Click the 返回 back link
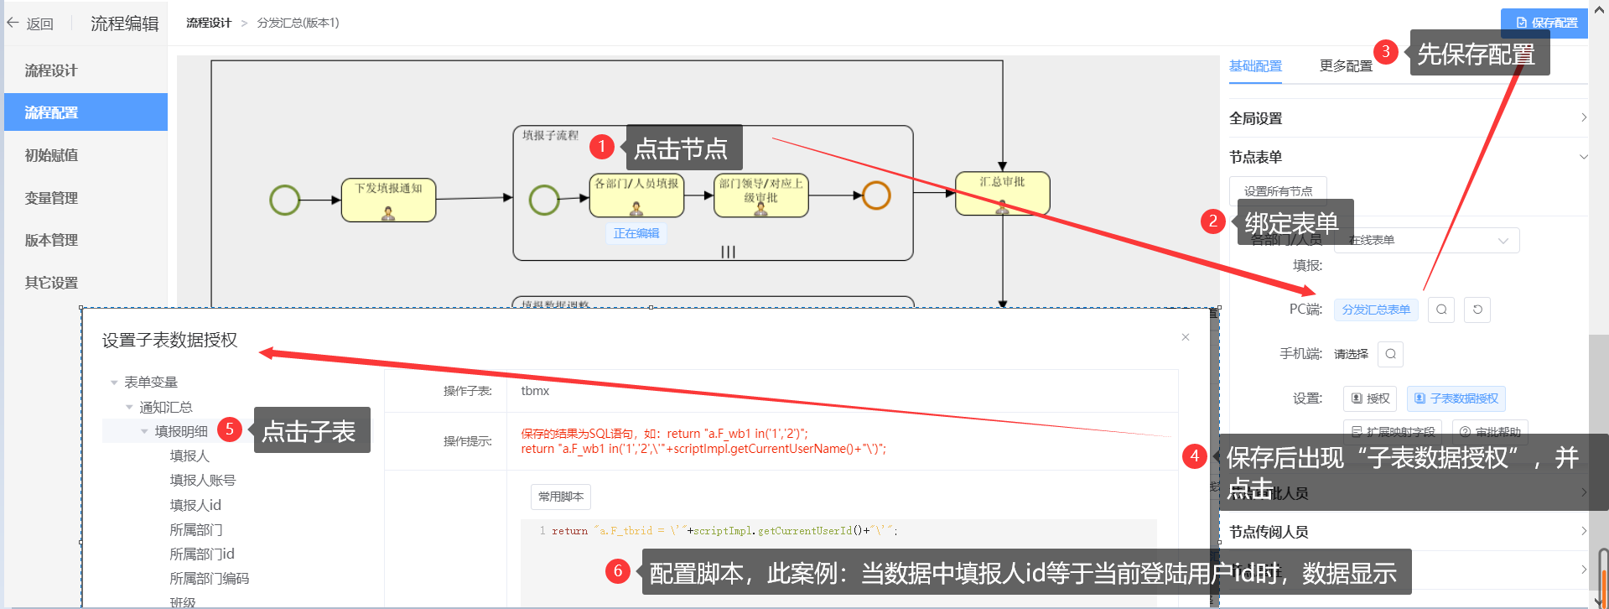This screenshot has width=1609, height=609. coord(31,23)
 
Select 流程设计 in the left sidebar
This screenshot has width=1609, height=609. coord(51,70)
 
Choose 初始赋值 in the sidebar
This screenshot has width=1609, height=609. coord(51,155)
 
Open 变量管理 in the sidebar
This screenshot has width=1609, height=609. coord(51,198)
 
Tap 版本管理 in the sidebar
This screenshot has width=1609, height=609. coord(51,240)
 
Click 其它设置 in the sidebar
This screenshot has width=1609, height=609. coord(51,283)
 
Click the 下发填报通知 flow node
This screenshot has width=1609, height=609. coord(388,200)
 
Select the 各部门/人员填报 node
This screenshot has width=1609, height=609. coord(636,195)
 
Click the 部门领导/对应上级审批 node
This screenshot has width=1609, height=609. coord(760,195)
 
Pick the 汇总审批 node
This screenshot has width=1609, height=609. coord(1002,194)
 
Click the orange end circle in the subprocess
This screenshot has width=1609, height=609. coord(876,195)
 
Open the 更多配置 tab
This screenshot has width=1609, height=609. coord(1345,66)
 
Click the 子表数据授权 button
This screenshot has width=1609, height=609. coord(1456,398)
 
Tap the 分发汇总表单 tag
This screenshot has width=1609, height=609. coord(1376,310)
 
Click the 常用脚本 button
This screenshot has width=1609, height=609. coord(560,497)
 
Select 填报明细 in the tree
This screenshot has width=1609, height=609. coord(181,431)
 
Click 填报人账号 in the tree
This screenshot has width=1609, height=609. coord(202,480)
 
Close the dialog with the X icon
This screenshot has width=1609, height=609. coord(1186,337)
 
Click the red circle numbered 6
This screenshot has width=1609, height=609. coord(618,571)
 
